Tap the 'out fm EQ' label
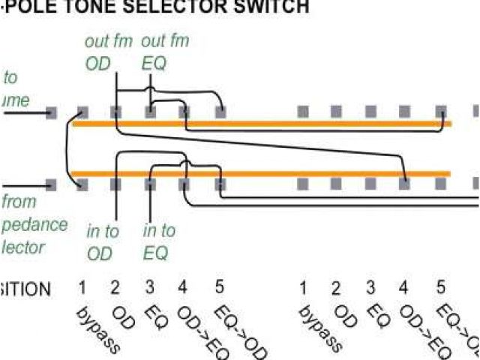click(165, 52)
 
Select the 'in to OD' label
click(100, 241)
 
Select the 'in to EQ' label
click(158, 241)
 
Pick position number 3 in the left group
click(149, 288)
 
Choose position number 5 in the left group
click(219, 288)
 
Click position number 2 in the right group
click(336, 288)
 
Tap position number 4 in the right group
click(406, 288)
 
